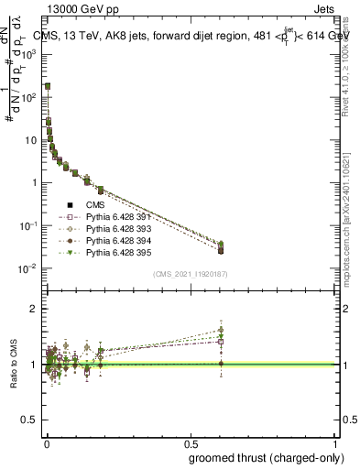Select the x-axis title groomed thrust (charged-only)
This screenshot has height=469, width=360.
coord(265,459)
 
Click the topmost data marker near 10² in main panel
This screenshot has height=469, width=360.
coord(48,86)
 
